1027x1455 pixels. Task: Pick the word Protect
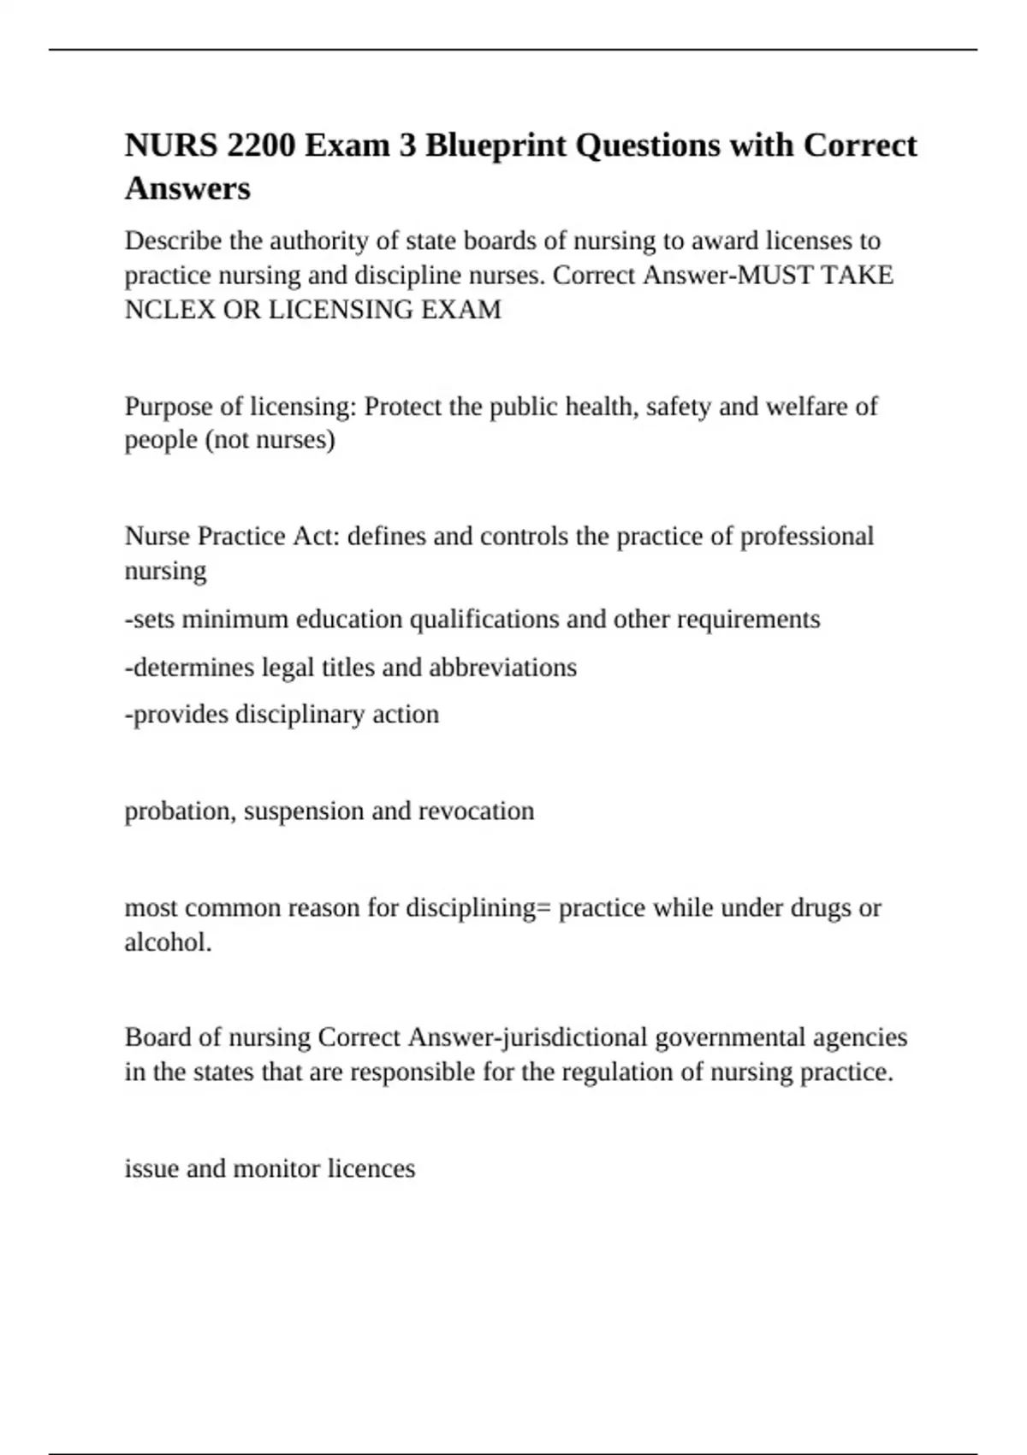[x=403, y=406]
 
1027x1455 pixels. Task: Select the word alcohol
[x=167, y=942]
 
